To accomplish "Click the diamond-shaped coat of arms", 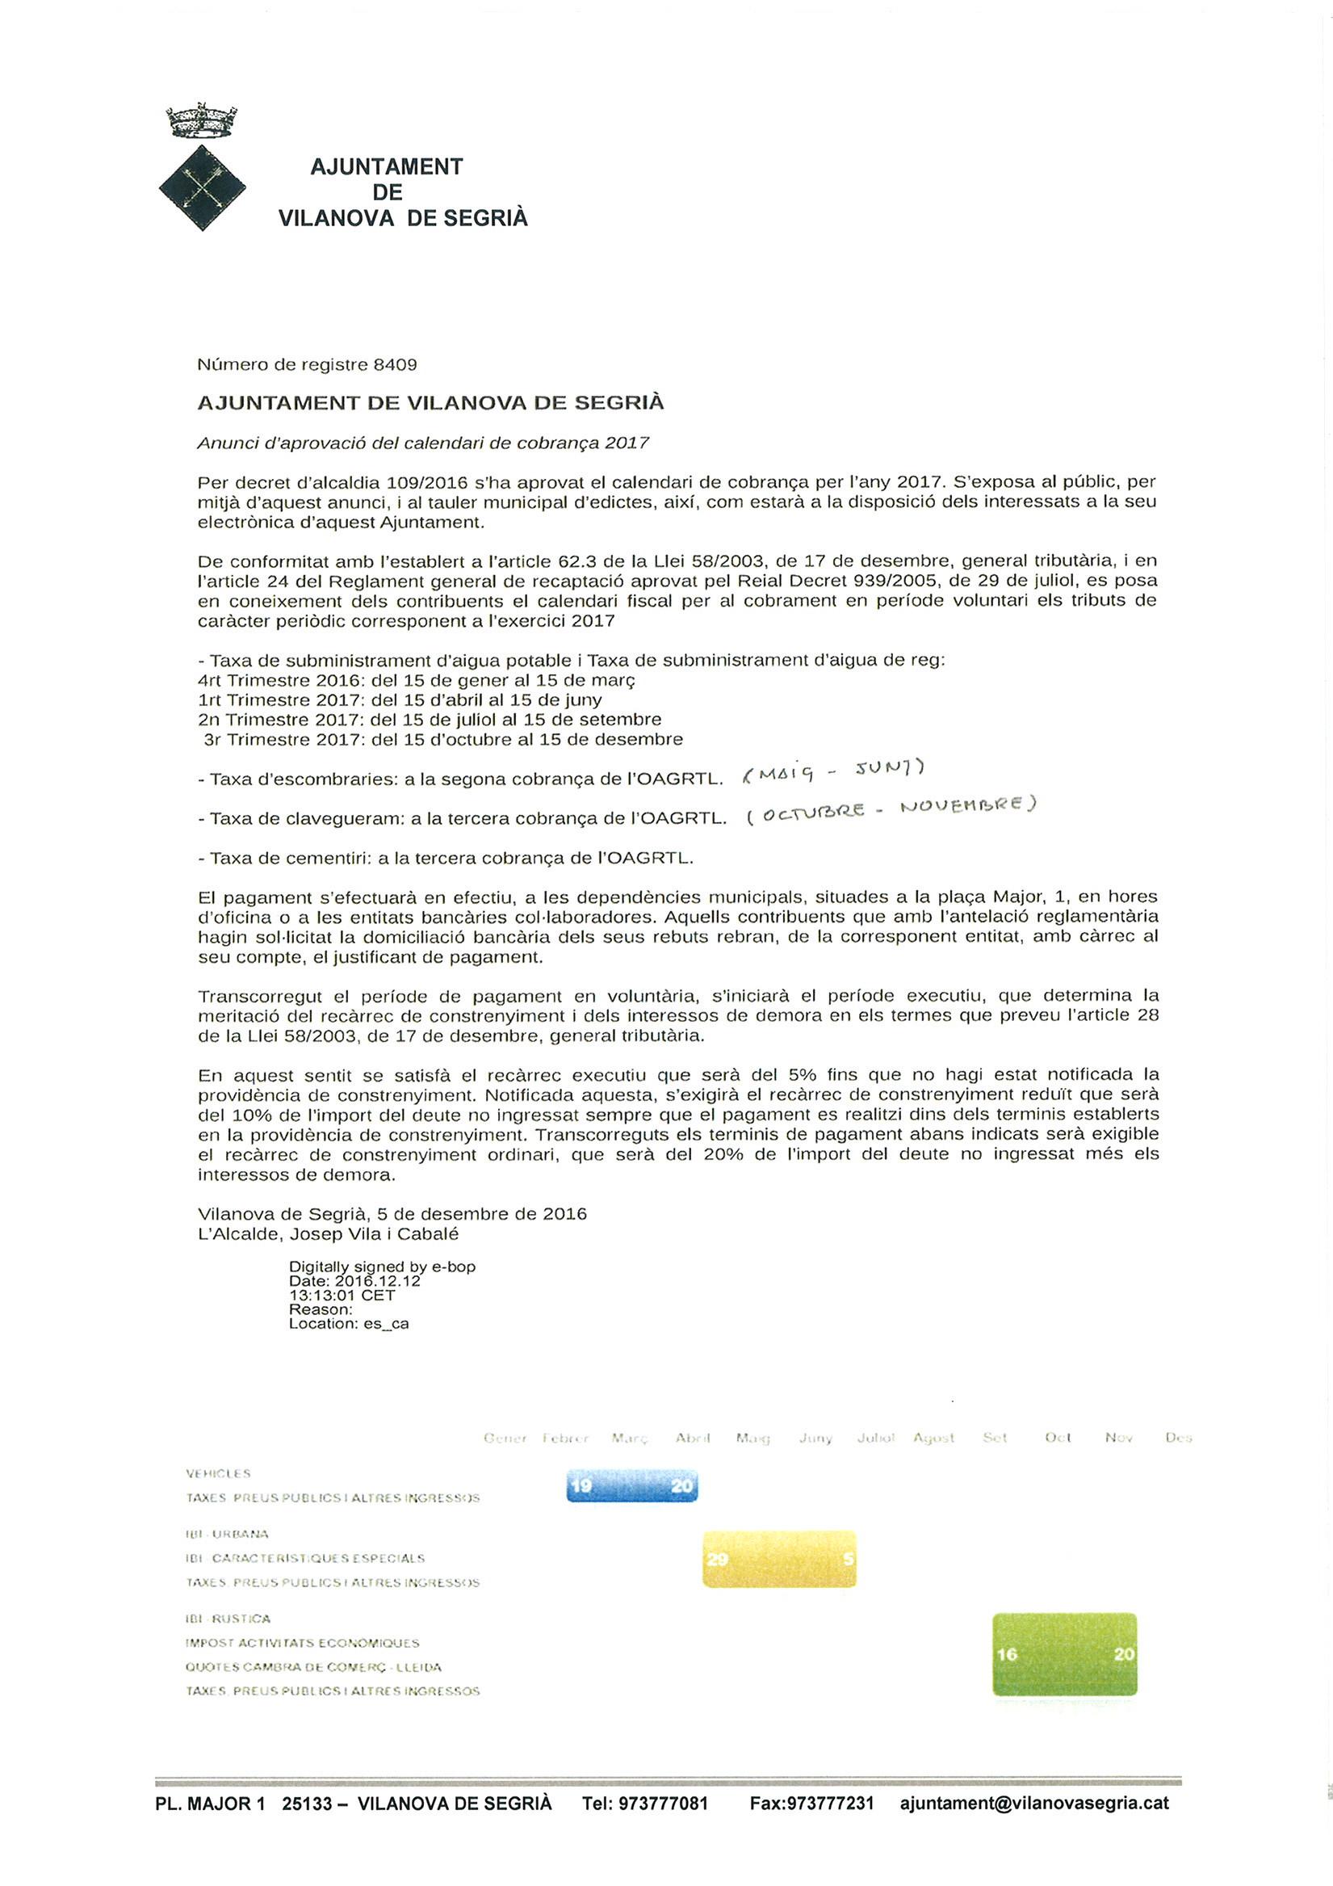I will point(202,187).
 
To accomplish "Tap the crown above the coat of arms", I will point(201,120).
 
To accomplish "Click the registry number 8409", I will point(395,365).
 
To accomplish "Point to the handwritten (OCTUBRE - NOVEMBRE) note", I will point(892,809).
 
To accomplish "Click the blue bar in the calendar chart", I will point(631,1485).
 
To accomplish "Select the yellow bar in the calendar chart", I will point(778,1558).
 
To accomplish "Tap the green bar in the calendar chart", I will point(1064,1653).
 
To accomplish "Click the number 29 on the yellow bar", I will point(717,1558).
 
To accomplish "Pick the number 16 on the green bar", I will point(1007,1653).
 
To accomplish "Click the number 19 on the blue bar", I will point(581,1485).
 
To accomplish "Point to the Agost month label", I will point(934,1439).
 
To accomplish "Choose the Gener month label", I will point(505,1439).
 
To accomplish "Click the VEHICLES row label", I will point(219,1473).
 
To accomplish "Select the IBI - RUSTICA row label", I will point(228,1619).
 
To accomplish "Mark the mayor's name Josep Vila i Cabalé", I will point(374,1235).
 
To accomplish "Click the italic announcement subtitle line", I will point(423,443).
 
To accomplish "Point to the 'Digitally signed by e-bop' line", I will point(382,1266).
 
